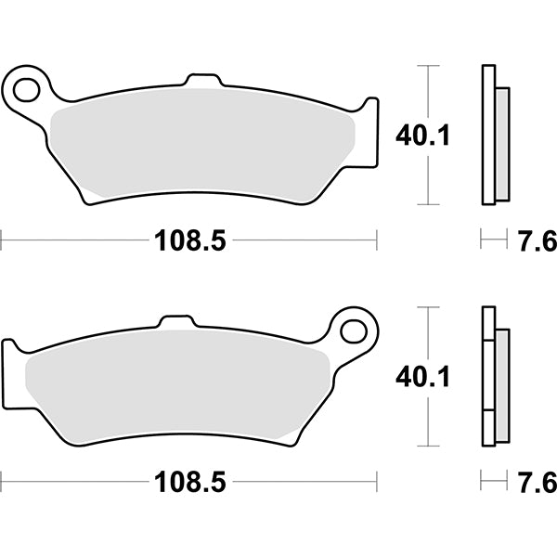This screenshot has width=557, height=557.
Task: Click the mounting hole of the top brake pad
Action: point(27,89)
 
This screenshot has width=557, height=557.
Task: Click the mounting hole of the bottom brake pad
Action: point(354,330)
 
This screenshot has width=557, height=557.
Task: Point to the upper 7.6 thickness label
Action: point(537,242)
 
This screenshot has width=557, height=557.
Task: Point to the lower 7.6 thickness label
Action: point(537,483)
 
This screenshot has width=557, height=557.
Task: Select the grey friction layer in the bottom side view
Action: point(502,385)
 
